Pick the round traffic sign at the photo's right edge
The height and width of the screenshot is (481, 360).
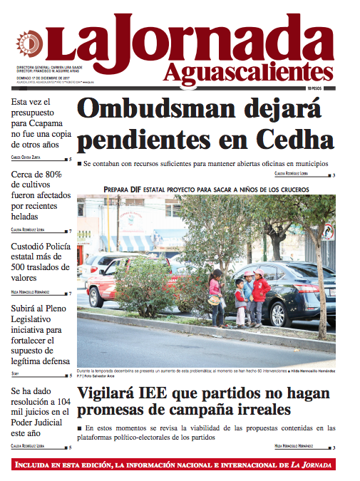coord(328,232)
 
